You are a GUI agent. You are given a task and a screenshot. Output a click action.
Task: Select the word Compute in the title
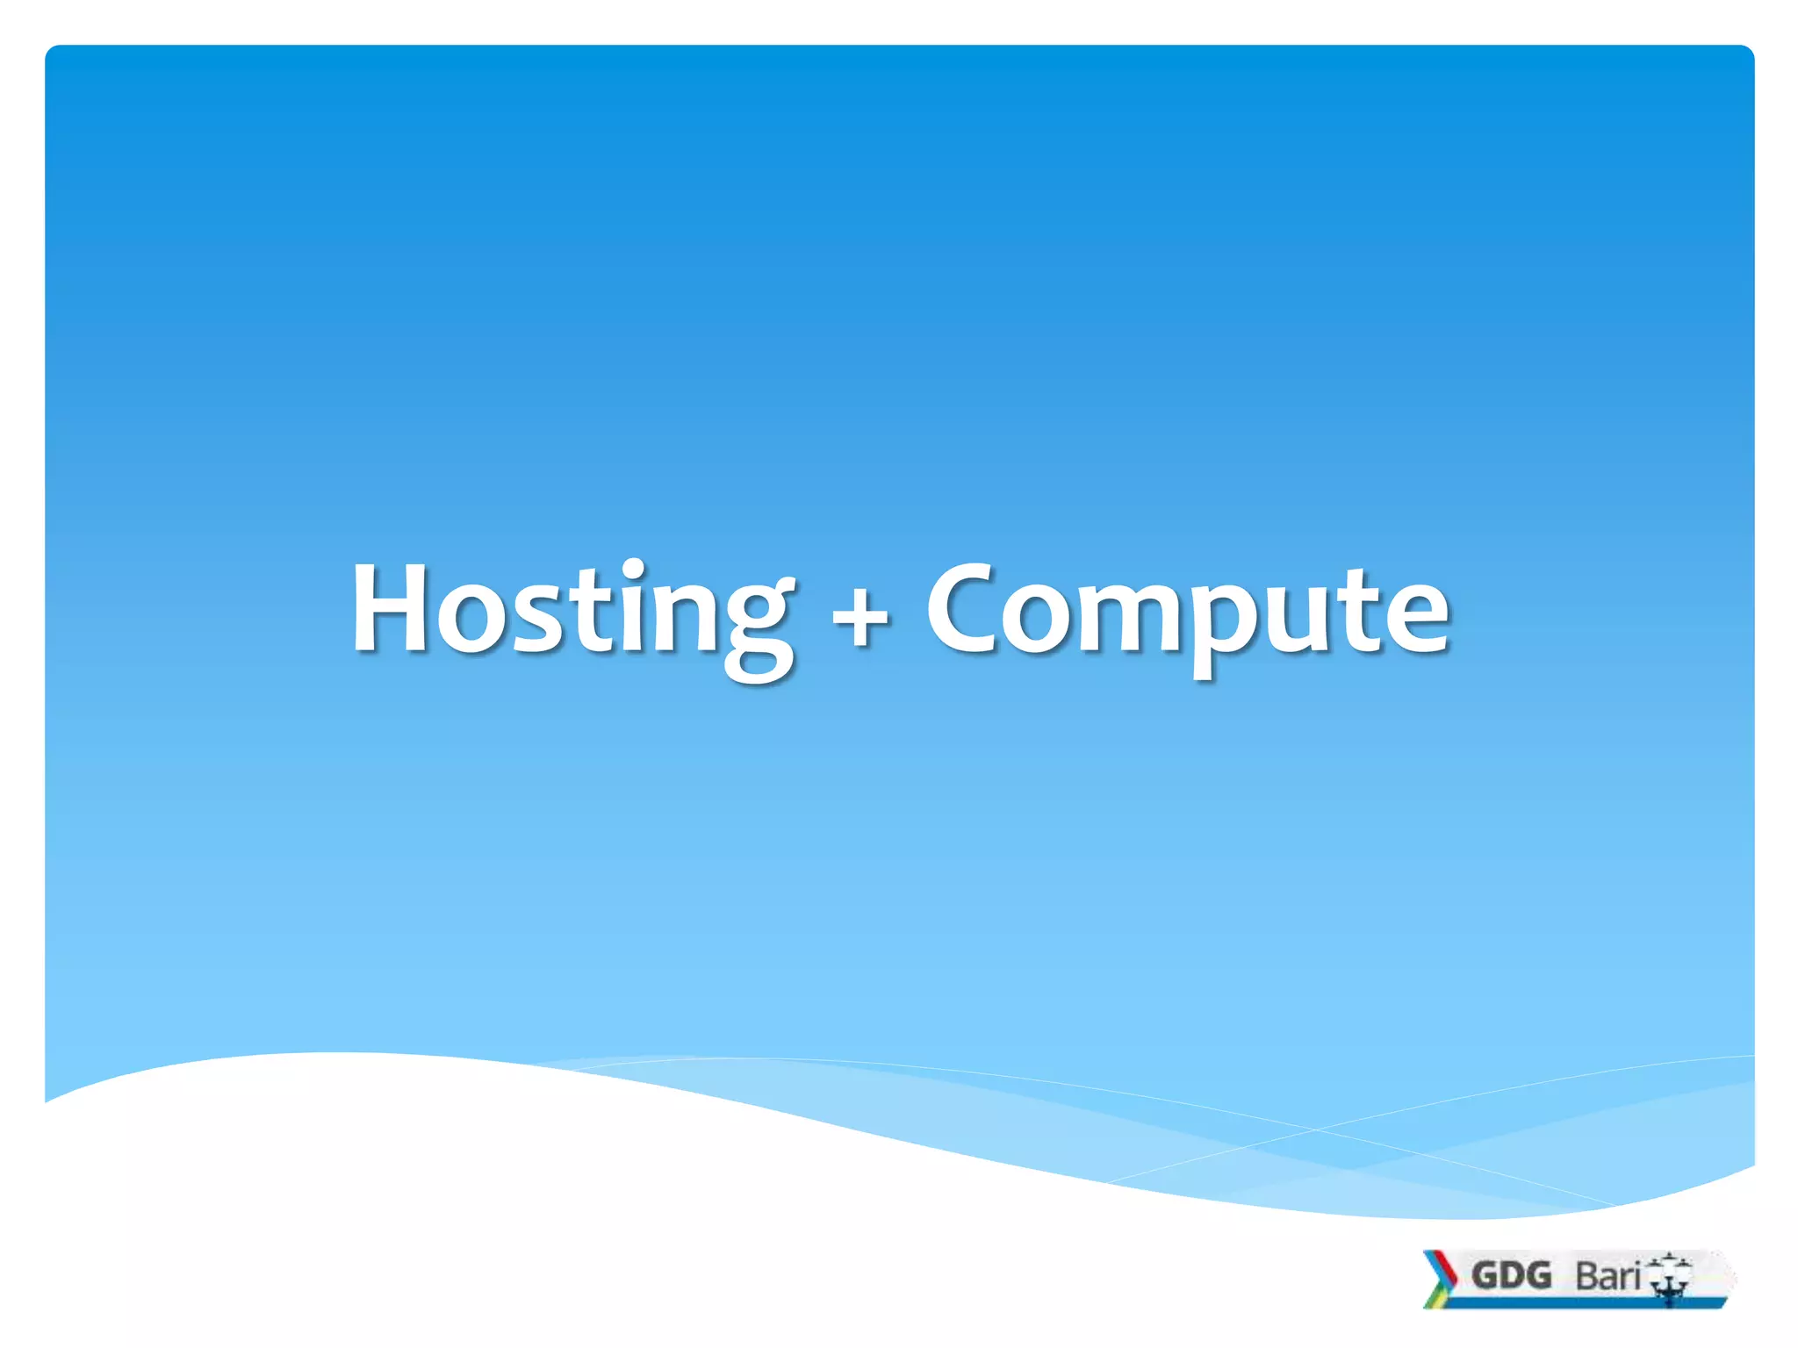[1187, 610]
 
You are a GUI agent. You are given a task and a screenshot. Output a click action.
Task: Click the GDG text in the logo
[1511, 1275]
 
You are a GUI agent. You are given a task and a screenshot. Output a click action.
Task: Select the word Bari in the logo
[1607, 1276]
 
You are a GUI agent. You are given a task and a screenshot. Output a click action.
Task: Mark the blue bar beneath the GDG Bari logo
[1580, 1302]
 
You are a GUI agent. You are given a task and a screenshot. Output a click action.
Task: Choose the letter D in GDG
[1511, 1275]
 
